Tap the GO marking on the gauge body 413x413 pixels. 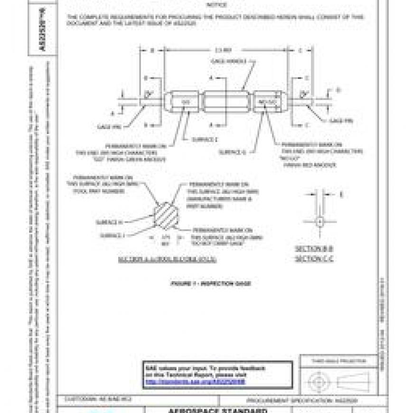coord(186,102)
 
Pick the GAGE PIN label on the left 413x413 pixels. coord(107,127)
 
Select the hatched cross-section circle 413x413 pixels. coord(166,214)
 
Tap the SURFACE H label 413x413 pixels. coord(110,222)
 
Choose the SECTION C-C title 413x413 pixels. coord(314,259)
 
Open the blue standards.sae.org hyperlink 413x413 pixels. coord(195,381)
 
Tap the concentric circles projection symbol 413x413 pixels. coord(317,381)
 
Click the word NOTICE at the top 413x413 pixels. coord(216,5)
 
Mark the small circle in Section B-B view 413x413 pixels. coord(319,221)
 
